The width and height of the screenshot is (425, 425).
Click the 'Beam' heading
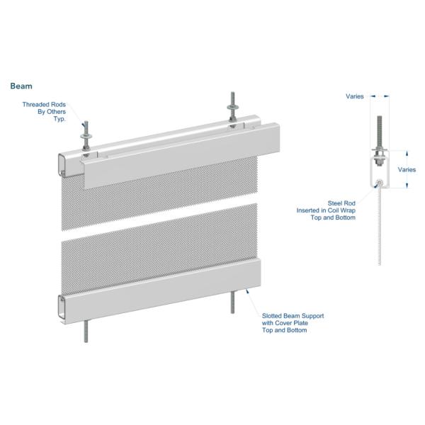21,86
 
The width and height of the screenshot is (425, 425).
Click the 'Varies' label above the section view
355,96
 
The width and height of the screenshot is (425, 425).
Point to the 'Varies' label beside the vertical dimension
407,170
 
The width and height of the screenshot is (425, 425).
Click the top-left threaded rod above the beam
86,135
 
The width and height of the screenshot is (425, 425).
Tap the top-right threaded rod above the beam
232,106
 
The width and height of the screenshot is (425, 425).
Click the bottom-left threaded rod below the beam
86,331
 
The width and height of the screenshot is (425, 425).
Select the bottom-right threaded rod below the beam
232,302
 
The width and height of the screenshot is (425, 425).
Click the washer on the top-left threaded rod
86,136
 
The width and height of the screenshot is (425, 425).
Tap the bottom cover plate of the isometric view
161,291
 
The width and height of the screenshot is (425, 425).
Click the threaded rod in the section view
380,141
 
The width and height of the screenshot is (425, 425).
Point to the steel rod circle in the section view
380,183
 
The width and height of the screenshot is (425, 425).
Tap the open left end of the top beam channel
63,165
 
